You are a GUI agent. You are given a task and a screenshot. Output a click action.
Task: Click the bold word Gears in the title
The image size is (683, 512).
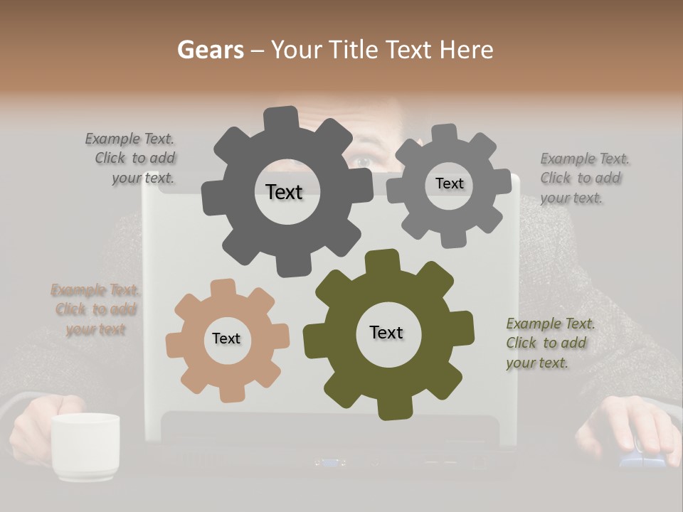[210, 50]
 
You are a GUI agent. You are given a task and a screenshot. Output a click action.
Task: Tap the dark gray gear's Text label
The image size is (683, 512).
[284, 192]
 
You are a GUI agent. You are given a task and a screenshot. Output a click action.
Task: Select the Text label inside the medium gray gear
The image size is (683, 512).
[449, 183]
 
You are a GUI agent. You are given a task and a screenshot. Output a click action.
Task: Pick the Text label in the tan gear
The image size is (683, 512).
[226, 338]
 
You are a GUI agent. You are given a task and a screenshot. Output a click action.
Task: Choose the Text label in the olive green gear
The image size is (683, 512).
[386, 332]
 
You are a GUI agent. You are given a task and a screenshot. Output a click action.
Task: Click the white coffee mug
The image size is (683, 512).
[85, 446]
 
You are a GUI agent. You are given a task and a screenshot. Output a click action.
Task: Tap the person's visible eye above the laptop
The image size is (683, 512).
[361, 162]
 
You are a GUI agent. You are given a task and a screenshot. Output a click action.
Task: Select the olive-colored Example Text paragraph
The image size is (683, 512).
[550, 343]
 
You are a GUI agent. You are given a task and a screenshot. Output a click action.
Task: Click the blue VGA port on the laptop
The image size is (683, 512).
[329, 463]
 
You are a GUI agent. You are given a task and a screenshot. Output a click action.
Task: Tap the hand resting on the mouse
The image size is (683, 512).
[630, 427]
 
